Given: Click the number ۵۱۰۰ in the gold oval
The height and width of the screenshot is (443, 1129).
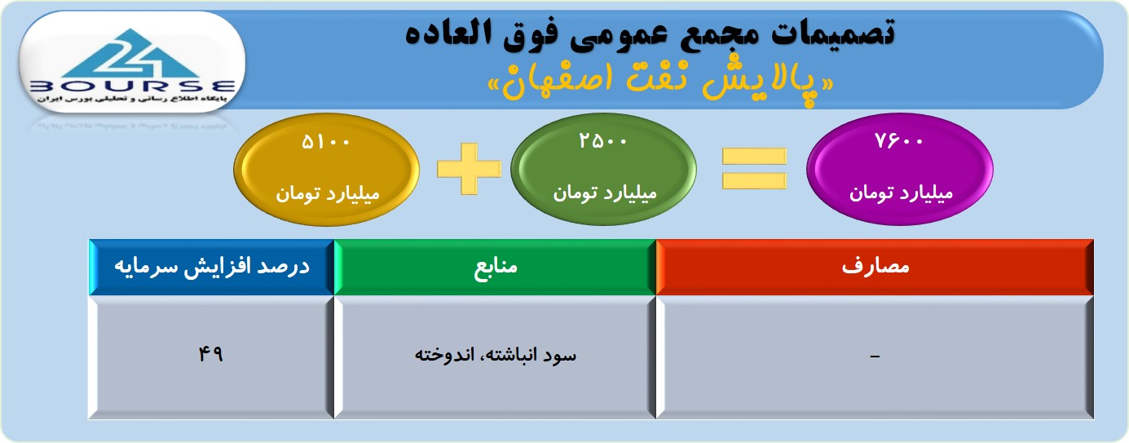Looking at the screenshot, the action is coord(325,142).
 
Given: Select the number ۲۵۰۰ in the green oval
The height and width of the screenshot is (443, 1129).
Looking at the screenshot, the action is coord(602,141).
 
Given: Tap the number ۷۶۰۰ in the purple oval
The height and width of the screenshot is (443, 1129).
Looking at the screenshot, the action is coord(899,141).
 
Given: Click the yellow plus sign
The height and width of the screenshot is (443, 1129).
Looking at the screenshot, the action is coord(469,169).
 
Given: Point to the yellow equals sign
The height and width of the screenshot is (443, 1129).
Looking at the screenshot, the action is coord(754,169).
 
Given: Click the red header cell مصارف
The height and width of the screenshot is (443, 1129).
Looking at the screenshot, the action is coord(875,267).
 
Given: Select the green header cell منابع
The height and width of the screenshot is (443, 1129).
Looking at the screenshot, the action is coord(495,267).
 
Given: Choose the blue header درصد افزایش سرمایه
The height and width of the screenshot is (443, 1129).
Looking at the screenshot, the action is coord(212,267).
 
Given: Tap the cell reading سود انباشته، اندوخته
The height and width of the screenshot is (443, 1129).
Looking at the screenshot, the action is coord(495,357).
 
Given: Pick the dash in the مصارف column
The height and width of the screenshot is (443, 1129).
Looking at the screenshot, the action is coord(875,357).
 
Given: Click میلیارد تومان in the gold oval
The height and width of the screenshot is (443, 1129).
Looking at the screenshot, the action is coord(328,193).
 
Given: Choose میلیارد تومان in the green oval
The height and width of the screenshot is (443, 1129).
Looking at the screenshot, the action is coord(605,193).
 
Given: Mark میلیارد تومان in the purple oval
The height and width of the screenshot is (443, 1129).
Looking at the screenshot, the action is coord(902,193).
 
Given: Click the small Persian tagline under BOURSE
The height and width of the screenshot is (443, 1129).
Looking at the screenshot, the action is coord(132,99).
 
